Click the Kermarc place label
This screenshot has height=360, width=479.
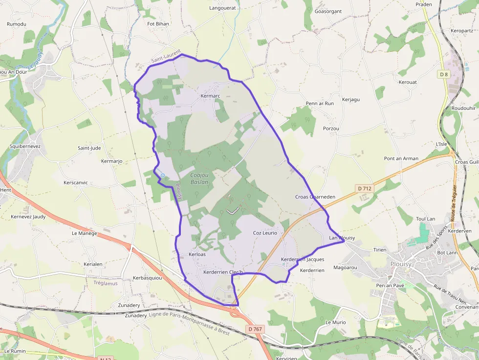211,96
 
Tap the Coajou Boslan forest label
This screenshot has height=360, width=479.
199,178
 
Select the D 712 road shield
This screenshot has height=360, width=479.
365,189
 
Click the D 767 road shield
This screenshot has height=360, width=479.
255,329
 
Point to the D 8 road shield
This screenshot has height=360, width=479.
443,74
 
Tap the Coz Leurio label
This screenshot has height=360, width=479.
265,233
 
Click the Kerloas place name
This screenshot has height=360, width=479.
197,254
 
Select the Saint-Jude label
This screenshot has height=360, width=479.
89,148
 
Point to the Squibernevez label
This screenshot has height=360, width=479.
25,146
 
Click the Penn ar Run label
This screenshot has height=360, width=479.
320,104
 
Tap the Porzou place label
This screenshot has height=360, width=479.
331,128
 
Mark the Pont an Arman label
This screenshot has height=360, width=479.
401,158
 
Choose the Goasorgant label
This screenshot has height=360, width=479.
328,11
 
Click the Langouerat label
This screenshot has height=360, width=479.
222,8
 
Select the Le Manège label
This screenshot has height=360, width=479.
85,233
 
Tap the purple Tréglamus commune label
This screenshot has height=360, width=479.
106,283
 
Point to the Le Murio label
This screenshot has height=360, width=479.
335,322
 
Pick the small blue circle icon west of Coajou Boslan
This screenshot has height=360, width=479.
162,175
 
